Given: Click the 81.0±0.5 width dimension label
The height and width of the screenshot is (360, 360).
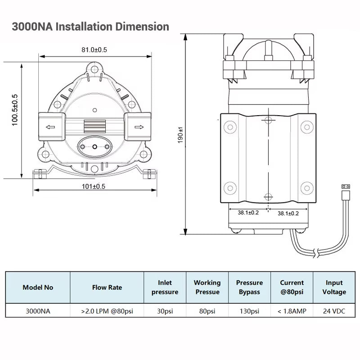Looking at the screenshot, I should pyautogui.click(x=94, y=50).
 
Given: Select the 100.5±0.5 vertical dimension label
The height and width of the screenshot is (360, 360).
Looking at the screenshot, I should pyautogui.click(x=14, y=109).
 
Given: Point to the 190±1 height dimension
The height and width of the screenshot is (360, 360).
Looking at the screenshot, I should pyautogui.click(x=180, y=135).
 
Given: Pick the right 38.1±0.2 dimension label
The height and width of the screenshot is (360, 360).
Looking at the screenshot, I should pyautogui.click(x=288, y=213).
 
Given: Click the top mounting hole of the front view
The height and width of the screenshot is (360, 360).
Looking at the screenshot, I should pyautogui.click(x=94, y=69).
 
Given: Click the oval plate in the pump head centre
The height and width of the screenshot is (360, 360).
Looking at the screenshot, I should pyautogui.click(x=94, y=146).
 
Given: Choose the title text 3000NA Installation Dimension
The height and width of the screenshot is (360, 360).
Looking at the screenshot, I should pyautogui.click(x=90, y=26).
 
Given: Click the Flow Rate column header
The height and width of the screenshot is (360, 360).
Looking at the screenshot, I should pyautogui.click(x=107, y=288).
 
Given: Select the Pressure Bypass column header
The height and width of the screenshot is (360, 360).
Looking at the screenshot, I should pyautogui.click(x=249, y=288).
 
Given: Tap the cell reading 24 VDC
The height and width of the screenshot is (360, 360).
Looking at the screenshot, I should pyautogui.click(x=334, y=311).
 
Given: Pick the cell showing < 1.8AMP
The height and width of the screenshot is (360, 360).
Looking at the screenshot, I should pyautogui.click(x=292, y=311).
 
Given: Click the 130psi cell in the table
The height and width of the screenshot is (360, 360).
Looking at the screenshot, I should pyautogui.click(x=249, y=311).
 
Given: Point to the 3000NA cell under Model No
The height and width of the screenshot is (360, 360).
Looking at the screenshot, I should pyautogui.click(x=38, y=311).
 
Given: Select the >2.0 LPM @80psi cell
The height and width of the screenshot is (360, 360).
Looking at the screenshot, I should pyautogui.click(x=107, y=311).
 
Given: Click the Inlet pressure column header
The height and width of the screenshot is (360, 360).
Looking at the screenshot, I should pyautogui.click(x=165, y=288).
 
